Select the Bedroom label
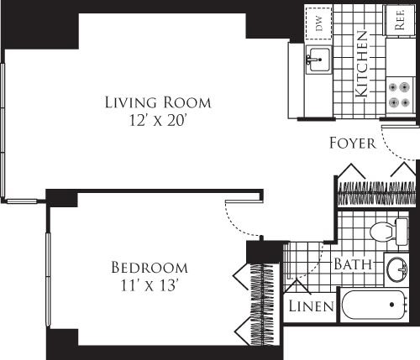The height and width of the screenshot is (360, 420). pyautogui.click(x=149, y=268)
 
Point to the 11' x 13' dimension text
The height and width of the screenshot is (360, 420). pyautogui.click(x=149, y=285)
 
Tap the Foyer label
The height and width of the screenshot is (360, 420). pyautogui.click(x=352, y=143)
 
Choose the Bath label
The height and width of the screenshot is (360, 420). pyautogui.click(x=354, y=264)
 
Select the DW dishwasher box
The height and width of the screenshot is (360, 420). pyautogui.click(x=319, y=23)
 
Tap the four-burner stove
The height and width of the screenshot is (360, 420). pyautogui.click(x=399, y=94)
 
